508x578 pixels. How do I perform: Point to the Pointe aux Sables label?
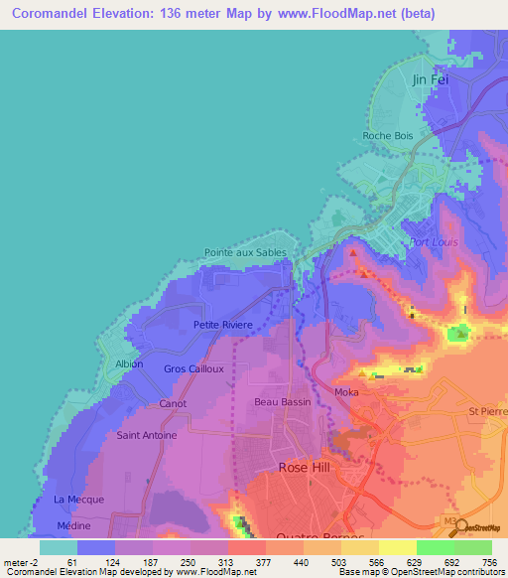[245, 253]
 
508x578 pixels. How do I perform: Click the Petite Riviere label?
[223, 325]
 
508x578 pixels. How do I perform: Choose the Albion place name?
[129, 363]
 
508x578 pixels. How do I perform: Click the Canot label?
[173, 404]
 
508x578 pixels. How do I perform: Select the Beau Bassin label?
[283, 402]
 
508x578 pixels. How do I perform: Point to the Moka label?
[346, 394]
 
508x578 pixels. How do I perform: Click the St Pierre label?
[487, 410]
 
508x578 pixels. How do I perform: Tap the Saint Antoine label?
[147, 435]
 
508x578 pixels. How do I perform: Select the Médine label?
[73, 525]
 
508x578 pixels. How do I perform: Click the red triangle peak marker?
[351, 253]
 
